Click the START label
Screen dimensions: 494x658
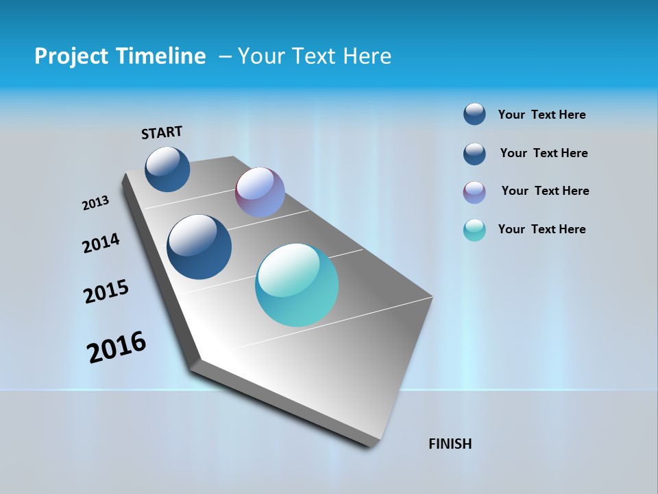(162, 132)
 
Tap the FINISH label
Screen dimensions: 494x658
(450, 444)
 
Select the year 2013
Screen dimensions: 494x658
(95, 203)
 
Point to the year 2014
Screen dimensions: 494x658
(101, 243)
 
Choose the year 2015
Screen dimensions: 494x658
(106, 292)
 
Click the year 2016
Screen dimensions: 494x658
(117, 347)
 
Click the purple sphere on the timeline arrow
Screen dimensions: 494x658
(260, 192)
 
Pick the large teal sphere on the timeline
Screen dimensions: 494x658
(297, 285)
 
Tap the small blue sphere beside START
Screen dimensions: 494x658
(167, 169)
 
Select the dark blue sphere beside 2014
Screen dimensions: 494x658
(199, 247)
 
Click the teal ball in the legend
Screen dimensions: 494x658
(474, 230)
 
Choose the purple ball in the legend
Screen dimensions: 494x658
(474, 192)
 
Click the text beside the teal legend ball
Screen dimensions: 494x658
(541, 229)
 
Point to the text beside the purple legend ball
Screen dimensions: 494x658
(545, 191)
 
